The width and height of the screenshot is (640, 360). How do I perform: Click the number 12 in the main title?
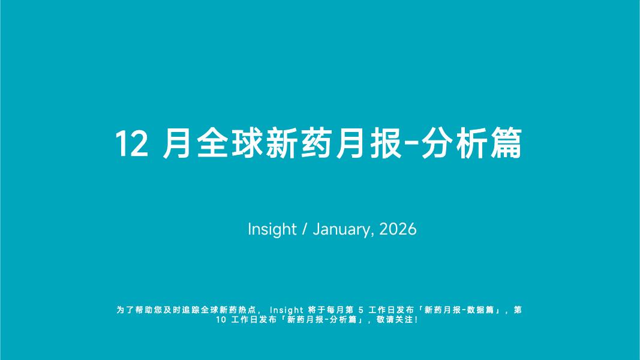131,144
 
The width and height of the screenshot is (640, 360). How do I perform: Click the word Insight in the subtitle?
272,229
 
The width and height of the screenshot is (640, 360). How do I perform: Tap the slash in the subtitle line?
305,229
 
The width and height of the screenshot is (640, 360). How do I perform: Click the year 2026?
398,229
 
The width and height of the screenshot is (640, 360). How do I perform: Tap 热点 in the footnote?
249,310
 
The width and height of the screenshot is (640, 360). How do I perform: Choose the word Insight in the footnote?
287,310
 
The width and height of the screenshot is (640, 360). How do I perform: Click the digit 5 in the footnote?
360,310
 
